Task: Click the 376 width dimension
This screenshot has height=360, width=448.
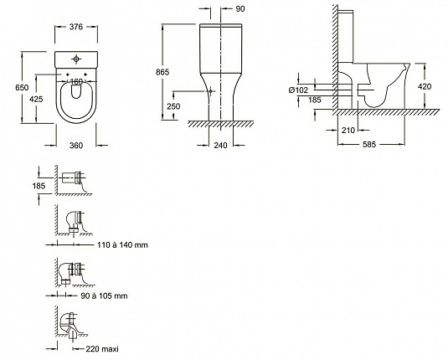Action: pyautogui.click(x=76, y=27)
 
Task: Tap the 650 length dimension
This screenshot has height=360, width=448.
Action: pyautogui.click(x=22, y=87)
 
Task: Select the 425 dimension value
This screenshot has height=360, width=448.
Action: pyautogui.click(x=36, y=99)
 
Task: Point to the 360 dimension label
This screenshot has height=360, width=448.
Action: pyautogui.click(x=76, y=146)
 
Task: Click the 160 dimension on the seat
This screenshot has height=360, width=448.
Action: pyautogui.click(x=76, y=82)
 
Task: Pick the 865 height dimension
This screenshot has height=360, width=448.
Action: pyautogui.click(x=162, y=72)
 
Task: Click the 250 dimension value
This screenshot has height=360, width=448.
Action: pyautogui.click(x=173, y=106)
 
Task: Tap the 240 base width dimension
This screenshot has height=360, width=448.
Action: pyautogui.click(x=220, y=146)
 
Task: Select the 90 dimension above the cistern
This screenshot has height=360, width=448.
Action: pyautogui.click(x=240, y=9)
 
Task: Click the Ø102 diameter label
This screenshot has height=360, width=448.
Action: pyautogui.click(x=299, y=90)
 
